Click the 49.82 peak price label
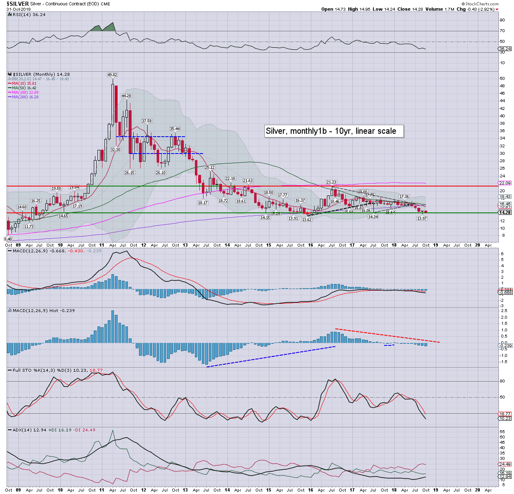pyautogui.click(x=112, y=75)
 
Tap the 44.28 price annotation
pyautogui.click(x=126, y=96)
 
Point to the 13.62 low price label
pyautogui.click(x=307, y=220)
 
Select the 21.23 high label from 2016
pyautogui.click(x=331, y=182)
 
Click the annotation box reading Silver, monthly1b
pyautogui.click(x=333, y=131)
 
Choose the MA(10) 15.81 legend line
pyautogui.click(x=24, y=84)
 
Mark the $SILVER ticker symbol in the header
pyautogui.click(x=18, y=4)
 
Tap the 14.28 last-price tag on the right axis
pyautogui.click(x=505, y=212)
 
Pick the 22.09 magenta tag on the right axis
pyautogui.click(x=505, y=183)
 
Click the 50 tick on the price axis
pyautogui.click(x=502, y=79)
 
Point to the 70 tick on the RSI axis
pyautogui.click(x=502, y=31)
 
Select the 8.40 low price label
pyautogui.click(x=8, y=239)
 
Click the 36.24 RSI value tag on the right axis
pyautogui.click(x=505, y=49)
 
